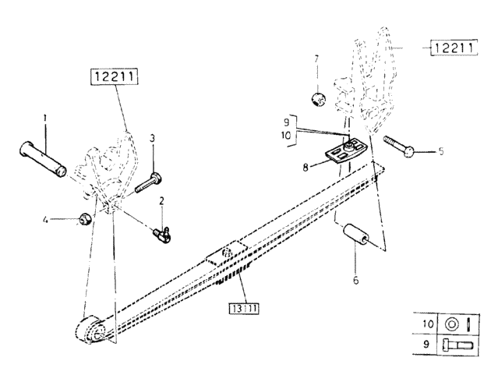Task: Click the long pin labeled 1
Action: (43, 159)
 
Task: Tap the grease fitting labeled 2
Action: (162, 235)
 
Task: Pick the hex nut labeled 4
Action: (86, 218)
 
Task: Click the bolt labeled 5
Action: (398, 147)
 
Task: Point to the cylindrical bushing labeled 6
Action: (355, 234)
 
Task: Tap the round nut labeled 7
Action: (319, 99)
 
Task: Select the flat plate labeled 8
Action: (346, 150)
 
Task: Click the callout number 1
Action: (45, 118)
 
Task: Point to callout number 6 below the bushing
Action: (355, 280)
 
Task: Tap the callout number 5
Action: (441, 151)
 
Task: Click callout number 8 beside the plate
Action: (306, 168)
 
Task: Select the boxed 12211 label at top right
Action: (454, 48)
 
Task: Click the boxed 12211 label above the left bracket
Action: (115, 76)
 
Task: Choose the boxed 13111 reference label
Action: (244, 309)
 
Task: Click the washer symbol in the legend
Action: (451, 324)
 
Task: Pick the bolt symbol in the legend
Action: (457, 345)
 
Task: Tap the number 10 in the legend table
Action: (428, 324)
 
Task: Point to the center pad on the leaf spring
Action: (227, 253)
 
